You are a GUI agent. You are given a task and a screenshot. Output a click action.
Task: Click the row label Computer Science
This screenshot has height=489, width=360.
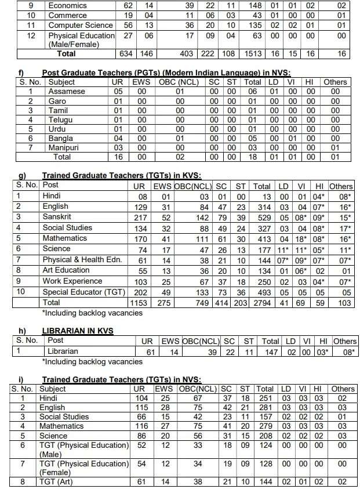click(x=79, y=26)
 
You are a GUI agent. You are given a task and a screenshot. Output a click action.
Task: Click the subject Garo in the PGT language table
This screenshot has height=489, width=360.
click(x=57, y=101)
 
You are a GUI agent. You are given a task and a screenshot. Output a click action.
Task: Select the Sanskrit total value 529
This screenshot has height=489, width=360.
click(x=262, y=217)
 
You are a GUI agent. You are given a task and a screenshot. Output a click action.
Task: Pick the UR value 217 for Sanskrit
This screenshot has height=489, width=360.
click(x=139, y=217)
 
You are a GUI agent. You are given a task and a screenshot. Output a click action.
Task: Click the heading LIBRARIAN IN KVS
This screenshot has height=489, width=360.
click(x=77, y=330)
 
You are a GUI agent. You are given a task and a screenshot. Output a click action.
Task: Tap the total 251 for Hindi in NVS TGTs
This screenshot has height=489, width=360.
click(x=265, y=399)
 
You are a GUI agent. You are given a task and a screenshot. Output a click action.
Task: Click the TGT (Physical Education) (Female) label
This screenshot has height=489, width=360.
click(x=84, y=468)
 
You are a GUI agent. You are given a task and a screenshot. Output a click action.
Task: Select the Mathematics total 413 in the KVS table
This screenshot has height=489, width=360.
click(x=262, y=238)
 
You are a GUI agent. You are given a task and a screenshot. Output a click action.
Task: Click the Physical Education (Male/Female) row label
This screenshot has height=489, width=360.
click(x=81, y=39)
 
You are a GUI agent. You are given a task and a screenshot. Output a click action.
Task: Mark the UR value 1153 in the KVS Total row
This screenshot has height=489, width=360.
click(x=139, y=302)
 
